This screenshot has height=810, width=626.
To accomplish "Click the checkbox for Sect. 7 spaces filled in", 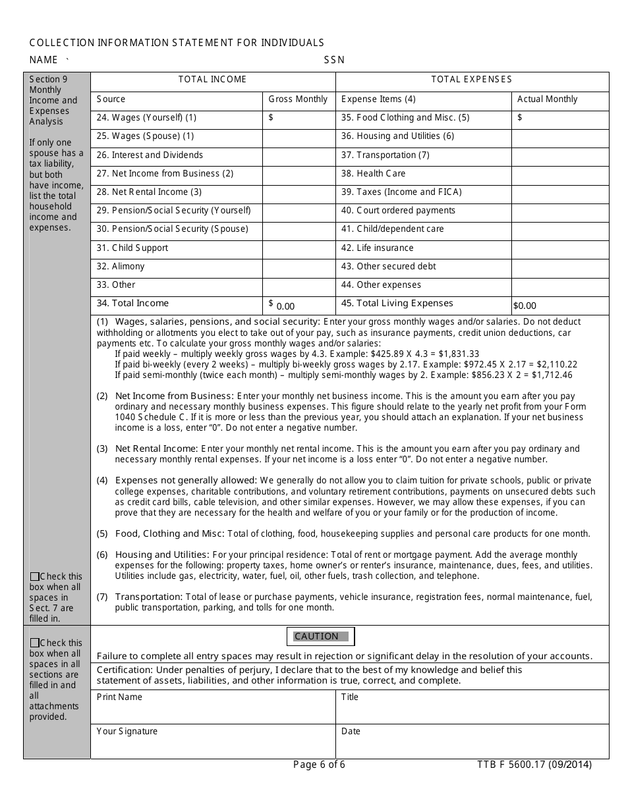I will click(34, 577).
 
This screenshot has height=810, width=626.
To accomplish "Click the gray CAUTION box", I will click(321, 636).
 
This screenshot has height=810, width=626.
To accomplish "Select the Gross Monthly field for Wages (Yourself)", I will click(299, 119).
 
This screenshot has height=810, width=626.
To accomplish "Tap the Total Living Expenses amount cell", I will click(559, 305).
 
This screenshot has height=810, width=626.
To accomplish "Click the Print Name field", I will click(213, 707).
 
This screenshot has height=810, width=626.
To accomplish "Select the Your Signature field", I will click(213, 742).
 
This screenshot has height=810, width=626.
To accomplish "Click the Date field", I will click(472, 742).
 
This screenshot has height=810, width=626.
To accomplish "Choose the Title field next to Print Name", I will click(472, 707).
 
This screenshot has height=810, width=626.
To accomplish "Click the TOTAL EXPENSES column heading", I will click(471, 80).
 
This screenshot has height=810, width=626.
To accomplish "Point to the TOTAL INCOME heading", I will click(212, 80).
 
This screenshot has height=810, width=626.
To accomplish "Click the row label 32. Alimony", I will click(120, 267).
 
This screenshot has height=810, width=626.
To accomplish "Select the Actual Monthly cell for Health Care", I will click(559, 175).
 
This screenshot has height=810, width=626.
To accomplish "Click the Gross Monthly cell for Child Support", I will click(299, 249).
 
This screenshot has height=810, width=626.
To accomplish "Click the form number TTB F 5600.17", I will click(534, 765).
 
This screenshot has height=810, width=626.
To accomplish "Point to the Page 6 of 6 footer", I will click(319, 765).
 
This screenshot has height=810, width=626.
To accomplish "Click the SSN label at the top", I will click(334, 60).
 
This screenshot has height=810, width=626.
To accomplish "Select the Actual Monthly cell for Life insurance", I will click(559, 249).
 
